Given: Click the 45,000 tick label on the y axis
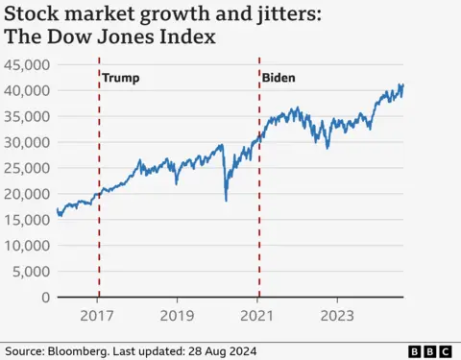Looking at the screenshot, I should (28, 64).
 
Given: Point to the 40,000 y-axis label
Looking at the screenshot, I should (28, 90).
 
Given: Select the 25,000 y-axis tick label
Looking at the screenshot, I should (28, 168).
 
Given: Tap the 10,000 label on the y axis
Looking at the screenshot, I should (28, 246).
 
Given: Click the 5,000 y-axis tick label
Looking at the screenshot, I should (31, 272).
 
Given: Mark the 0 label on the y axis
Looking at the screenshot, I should (45, 298).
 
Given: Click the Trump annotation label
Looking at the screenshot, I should (120, 78).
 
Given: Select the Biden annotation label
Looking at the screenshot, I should (279, 78).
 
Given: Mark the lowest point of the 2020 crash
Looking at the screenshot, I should (227, 200).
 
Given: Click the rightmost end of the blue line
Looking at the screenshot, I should (402, 85).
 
